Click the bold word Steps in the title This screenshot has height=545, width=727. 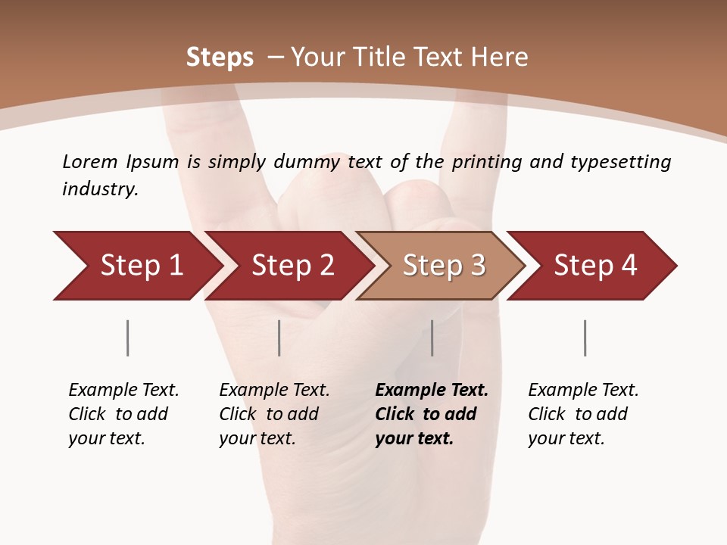(220, 58)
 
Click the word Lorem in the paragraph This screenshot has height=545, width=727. (89, 161)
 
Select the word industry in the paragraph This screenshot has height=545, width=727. (99, 188)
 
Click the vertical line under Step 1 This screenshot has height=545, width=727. (127, 338)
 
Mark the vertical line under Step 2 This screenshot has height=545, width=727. (279, 338)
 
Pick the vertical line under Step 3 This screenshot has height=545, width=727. (432, 338)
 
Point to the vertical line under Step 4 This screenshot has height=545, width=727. (585, 338)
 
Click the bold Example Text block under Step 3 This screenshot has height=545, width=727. (432, 414)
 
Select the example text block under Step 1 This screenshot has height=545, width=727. (123, 414)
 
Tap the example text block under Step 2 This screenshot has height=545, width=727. (274, 414)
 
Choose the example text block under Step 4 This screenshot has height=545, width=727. (583, 414)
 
